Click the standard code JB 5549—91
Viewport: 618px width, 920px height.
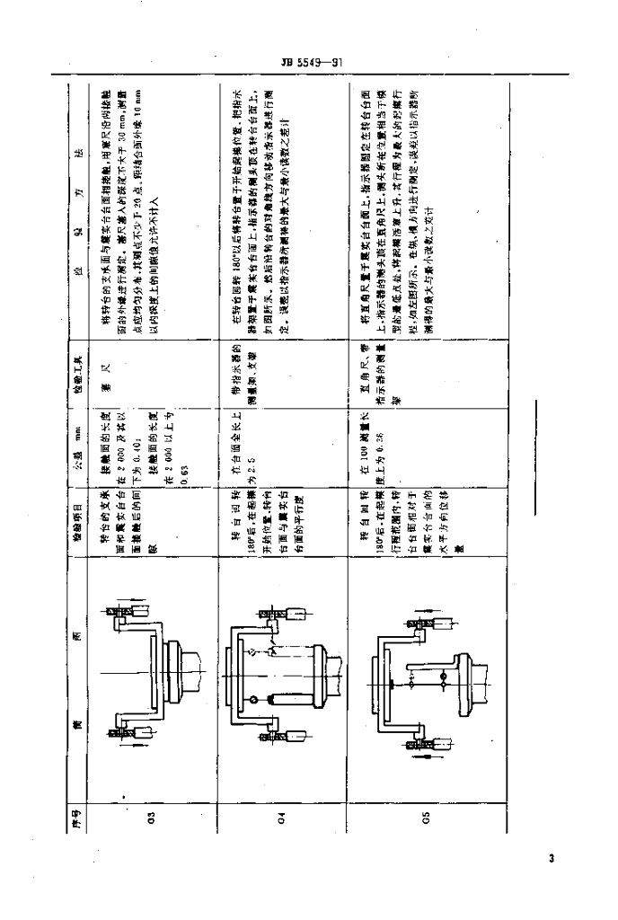[309, 63]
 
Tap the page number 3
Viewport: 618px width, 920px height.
[550, 859]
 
